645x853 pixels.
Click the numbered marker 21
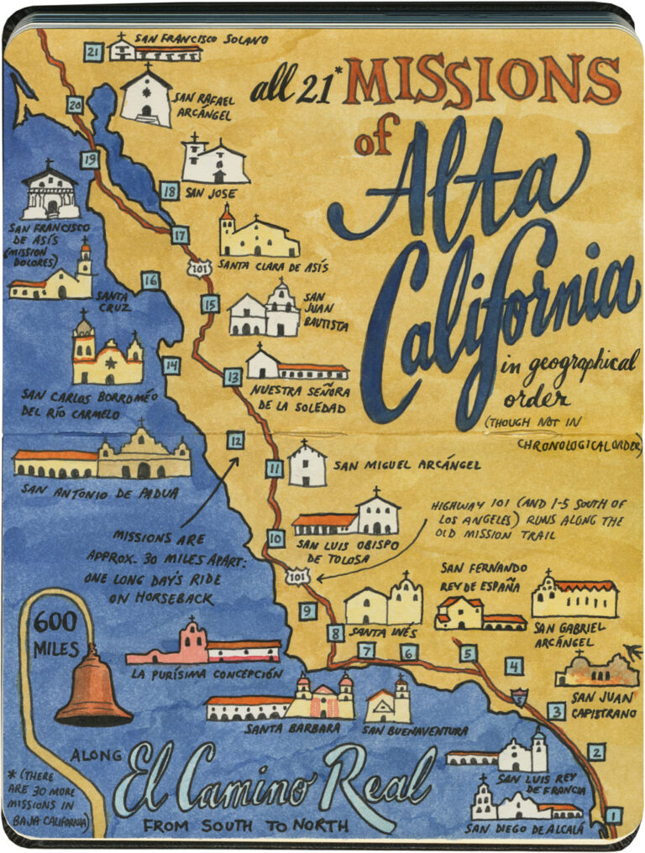pyautogui.click(x=93, y=53)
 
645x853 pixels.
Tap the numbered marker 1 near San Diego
pyautogui.click(x=613, y=814)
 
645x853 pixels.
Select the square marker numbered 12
pyautogui.click(x=236, y=439)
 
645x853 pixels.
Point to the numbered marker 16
pyautogui.click(x=150, y=280)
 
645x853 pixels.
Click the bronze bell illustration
pyautogui.click(x=93, y=688)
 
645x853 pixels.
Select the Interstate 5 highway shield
pyautogui.click(x=521, y=696)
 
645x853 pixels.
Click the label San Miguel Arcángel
pyautogui.click(x=406, y=464)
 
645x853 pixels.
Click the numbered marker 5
pyautogui.click(x=468, y=652)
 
